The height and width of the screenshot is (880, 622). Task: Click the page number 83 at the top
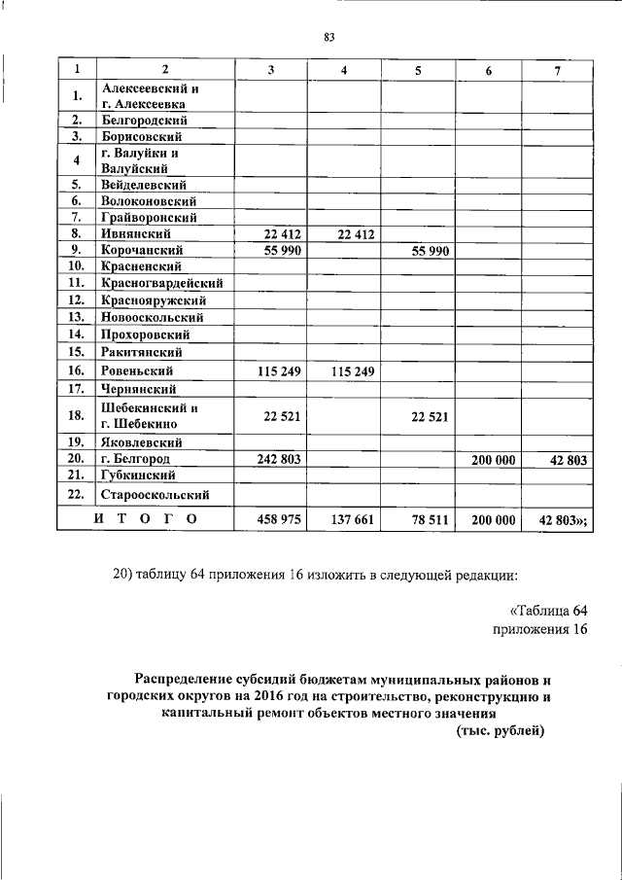[x=328, y=38]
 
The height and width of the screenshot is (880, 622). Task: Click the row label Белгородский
[x=144, y=121]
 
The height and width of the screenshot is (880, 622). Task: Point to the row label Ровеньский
[x=137, y=370]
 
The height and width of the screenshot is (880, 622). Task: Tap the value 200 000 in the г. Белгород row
[x=494, y=459]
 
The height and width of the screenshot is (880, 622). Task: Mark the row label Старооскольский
[x=155, y=495]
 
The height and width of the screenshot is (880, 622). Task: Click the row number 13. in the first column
[x=75, y=317]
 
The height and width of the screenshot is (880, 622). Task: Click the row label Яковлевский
[x=142, y=441]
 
